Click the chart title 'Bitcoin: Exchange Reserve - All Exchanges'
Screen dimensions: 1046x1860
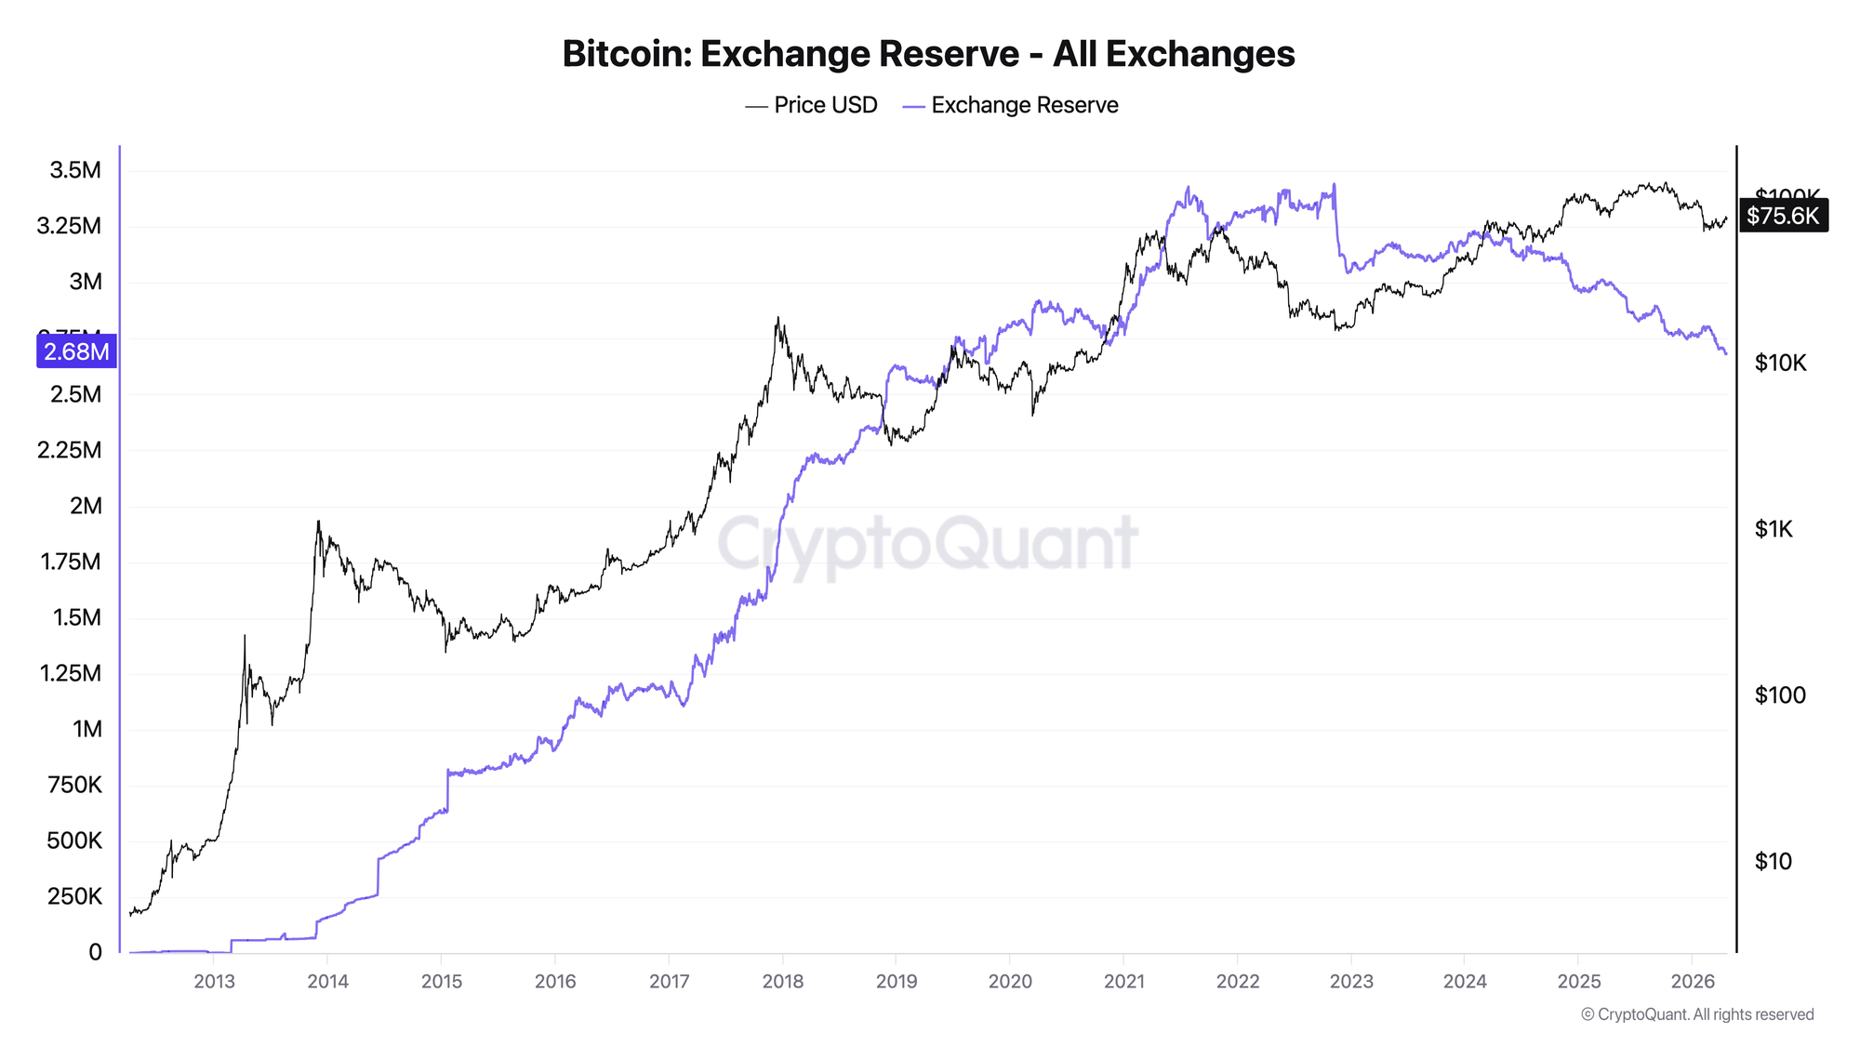(x=928, y=54)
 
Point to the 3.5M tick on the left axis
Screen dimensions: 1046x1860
(x=75, y=170)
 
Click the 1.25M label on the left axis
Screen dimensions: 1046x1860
(x=71, y=673)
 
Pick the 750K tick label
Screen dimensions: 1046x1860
(x=74, y=785)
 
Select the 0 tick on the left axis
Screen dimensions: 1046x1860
(x=95, y=952)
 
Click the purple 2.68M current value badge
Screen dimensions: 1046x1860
(x=76, y=351)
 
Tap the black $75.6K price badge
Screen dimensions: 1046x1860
(x=1783, y=216)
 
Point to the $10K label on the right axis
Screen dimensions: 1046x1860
(x=1780, y=363)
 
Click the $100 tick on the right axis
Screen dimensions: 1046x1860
(x=1780, y=695)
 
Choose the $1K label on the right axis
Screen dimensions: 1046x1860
(x=1774, y=529)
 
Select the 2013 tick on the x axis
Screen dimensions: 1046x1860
(x=214, y=981)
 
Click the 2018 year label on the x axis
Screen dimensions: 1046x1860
(x=782, y=981)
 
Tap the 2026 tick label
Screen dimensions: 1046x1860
(x=1693, y=981)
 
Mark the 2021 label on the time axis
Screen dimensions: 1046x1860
(x=1123, y=981)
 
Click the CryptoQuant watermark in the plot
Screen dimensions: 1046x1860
(x=927, y=543)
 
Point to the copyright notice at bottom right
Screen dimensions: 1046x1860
(x=1697, y=1014)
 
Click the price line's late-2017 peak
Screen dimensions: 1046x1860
(x=777, y=318)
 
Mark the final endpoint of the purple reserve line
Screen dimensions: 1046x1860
(x=1726, y=353)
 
